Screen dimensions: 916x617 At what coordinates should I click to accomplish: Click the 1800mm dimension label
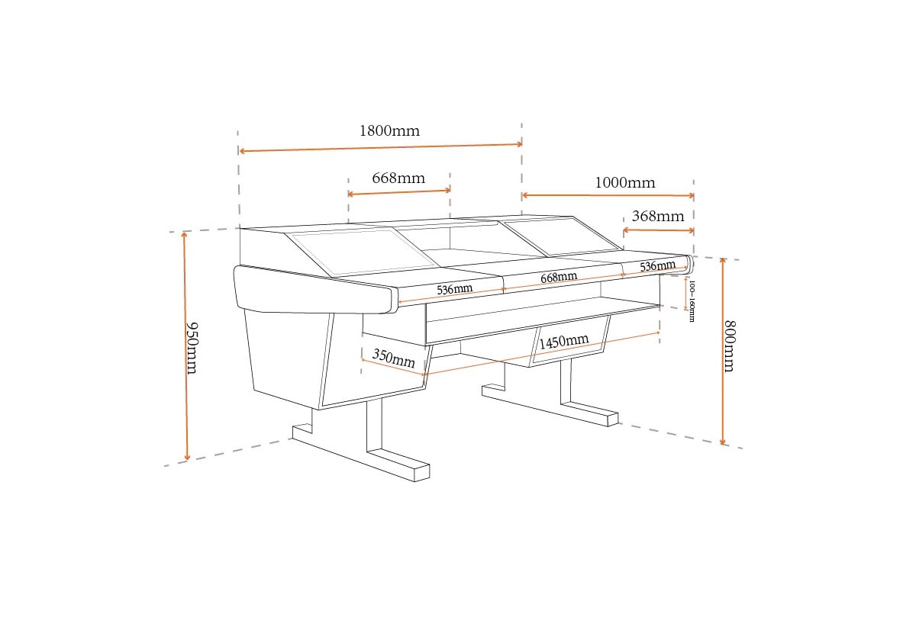(x=389, y=130)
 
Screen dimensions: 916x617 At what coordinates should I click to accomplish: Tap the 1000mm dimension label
(x=625, y=182)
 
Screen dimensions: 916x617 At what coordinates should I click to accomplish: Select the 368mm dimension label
(x=658, y=216)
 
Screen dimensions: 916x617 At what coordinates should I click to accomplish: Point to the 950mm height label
(x=192, y=348)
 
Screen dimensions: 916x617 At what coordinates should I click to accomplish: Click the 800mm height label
(x=730, y=346)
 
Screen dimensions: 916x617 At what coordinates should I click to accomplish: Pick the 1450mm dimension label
(x=563, y=341)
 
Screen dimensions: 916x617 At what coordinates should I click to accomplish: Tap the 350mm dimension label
(x=393, y=358)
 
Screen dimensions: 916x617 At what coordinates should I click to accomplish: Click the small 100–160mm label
(x=692, y=300)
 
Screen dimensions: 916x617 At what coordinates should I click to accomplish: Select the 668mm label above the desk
(x=398, y=178)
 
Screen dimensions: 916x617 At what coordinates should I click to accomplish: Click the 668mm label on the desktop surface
(x=559, y=277)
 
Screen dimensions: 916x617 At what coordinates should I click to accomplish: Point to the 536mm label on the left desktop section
(x=454, y=289)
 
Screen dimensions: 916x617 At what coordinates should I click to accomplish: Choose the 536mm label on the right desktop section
(x=657, y=266)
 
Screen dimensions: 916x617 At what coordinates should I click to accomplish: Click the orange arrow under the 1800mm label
(x=381, y=147)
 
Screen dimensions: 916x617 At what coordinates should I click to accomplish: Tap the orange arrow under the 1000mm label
(x=608, y=195)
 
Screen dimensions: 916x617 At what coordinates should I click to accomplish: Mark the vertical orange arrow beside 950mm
(x=185, y=345)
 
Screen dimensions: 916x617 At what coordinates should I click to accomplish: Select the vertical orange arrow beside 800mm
(x=723, y=352)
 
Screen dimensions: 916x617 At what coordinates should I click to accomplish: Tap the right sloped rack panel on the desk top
(x=561, y=236)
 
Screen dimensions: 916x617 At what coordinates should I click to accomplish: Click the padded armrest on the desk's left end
(x=314, y=290)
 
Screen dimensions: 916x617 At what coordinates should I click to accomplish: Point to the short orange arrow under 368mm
(x=658, y=230)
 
